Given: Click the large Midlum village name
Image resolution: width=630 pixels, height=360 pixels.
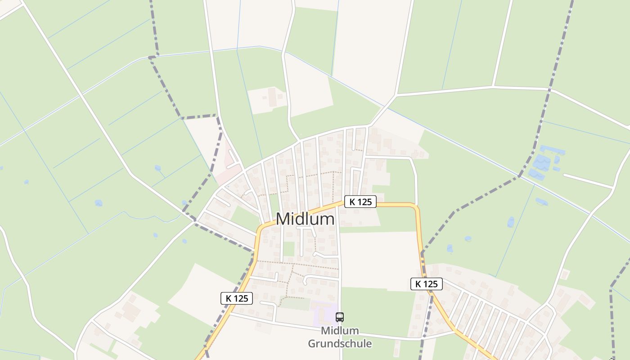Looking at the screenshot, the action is (305, 219).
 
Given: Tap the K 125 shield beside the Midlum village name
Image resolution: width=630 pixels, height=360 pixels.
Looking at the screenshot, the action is (360, 202).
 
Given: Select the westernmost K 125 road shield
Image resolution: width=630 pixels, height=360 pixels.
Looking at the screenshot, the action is (236, 298).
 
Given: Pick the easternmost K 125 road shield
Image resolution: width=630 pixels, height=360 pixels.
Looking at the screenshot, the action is (426, 284).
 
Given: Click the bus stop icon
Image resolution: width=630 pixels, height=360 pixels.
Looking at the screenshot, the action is (340, 317).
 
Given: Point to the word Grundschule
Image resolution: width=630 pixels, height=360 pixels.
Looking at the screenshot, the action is (340, 344).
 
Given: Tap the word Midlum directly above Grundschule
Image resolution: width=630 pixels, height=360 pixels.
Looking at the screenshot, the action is (340, 331).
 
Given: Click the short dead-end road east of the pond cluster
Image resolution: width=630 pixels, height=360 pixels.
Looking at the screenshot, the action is (587, 180).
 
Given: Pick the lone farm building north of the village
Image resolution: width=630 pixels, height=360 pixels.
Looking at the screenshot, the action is (272, 97).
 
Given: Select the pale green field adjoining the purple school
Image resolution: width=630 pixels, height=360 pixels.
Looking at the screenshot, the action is (295, 304).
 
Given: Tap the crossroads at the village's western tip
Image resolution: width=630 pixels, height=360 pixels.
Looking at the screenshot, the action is (196, 220).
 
